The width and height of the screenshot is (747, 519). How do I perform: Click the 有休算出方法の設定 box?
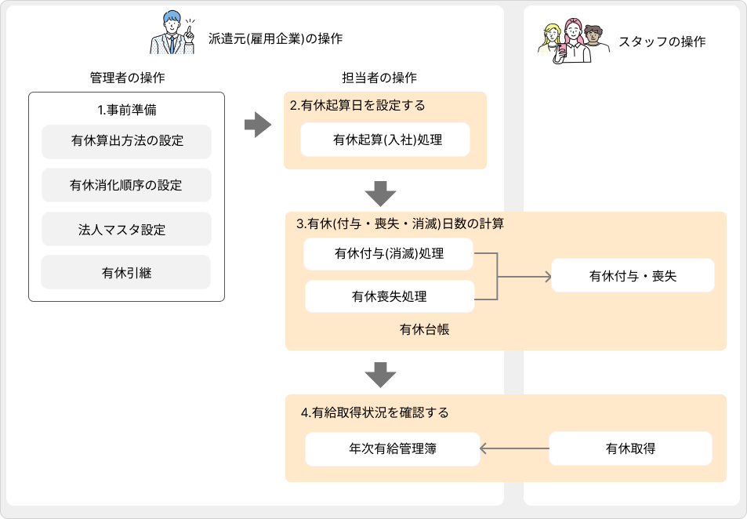coord(126,142)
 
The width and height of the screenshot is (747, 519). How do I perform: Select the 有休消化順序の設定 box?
coord(126,185)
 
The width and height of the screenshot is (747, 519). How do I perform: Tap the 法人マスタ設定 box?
coord(126,230)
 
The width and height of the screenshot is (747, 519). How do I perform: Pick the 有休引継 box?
coord(126,273)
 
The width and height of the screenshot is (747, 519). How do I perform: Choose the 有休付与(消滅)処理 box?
coord(389,254)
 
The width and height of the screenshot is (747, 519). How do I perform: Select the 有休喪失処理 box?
coord(389,296)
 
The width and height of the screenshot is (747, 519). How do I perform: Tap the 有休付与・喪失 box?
coord(633,276)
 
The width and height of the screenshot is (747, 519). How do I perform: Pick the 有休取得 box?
coord(630,449)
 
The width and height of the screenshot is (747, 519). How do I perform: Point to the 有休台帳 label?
coord(424,330)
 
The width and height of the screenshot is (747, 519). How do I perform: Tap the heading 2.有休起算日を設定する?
coord(357,105)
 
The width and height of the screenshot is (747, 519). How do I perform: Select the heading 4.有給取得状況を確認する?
coord(375,412)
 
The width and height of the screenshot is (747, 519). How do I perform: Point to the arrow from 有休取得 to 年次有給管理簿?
coord(513,449)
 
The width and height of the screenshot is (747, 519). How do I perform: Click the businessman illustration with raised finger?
coord(175,33)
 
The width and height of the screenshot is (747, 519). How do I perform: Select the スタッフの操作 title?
coord(662,42)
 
